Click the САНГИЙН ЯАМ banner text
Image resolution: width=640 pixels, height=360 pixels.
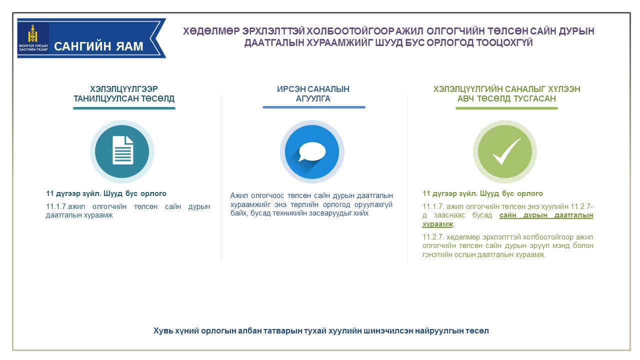[x=98, y=46]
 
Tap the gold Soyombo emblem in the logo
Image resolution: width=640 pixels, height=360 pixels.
[x=33, y=33]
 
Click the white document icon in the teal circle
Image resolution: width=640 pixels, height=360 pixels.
[x=123, y=150]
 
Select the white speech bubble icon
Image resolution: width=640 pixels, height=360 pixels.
[x=312, y=151]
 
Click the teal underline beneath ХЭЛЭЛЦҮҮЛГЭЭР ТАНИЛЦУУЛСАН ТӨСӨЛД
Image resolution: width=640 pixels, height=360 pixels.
[x=124, y=108]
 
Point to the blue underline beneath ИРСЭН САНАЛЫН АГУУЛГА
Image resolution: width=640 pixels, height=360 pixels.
[x=314, y=107]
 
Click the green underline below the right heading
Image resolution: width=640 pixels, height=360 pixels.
[x=506, y=108]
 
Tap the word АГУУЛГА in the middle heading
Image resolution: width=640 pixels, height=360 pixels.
[x=313, y=99]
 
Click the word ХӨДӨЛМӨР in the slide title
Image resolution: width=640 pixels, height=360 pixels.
[x=211, y=31]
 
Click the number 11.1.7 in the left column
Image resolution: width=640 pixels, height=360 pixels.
[x=56, y=206]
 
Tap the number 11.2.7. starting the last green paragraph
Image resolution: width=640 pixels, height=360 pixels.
[x=433, y=237]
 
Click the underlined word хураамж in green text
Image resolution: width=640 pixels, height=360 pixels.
[x=437, y=224]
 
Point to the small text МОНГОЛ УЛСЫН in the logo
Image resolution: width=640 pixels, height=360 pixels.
[x=33, y=45]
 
